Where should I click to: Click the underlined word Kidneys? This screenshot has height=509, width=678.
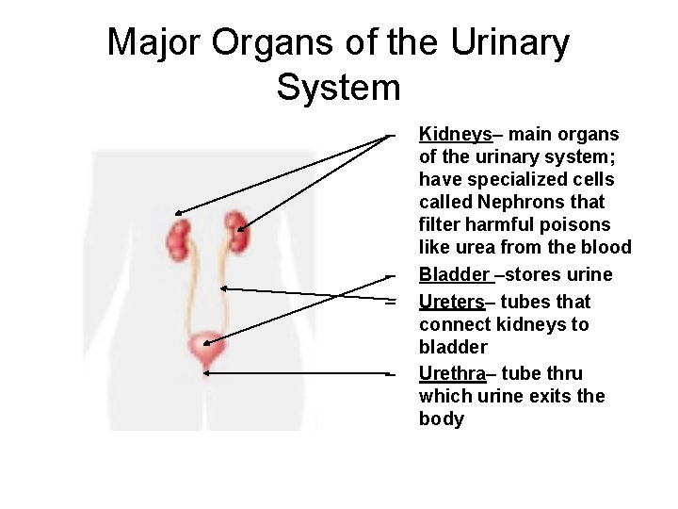click(455, 135)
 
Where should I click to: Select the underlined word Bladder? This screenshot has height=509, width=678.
click(455, 275)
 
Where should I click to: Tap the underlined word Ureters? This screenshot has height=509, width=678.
click(452, 302)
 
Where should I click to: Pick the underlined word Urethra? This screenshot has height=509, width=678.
click(452, 372)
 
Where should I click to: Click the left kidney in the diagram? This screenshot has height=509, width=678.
click(177, 240)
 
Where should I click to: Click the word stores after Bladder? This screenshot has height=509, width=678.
click(531, 275)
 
